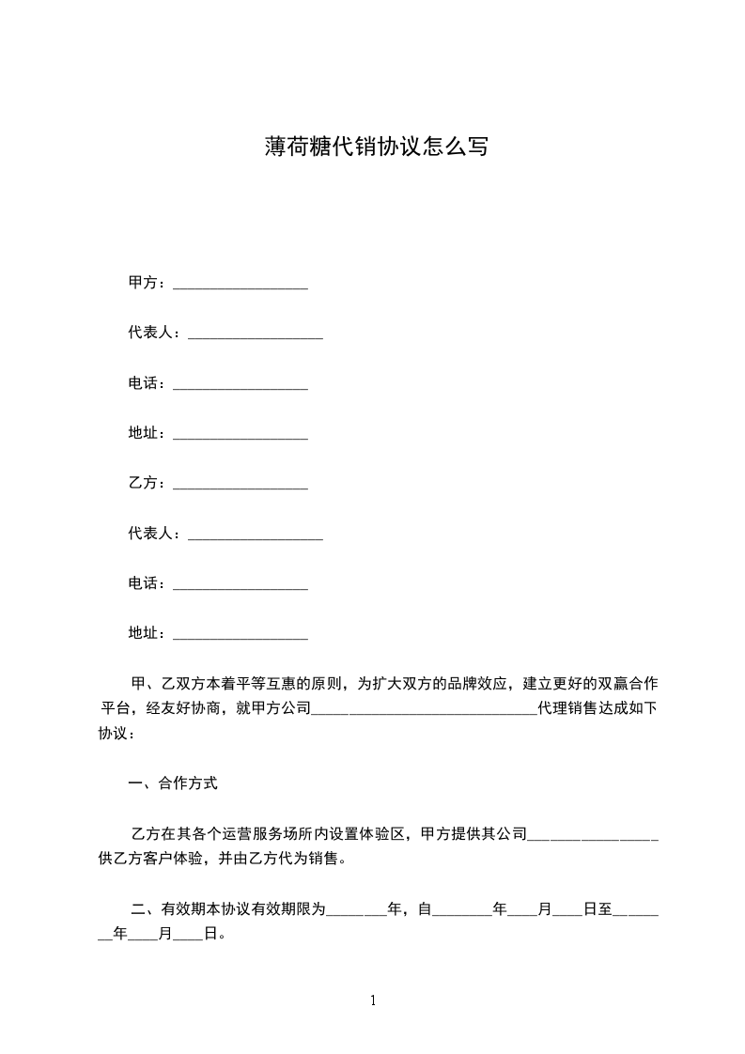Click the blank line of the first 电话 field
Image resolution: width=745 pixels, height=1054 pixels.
point(241,385)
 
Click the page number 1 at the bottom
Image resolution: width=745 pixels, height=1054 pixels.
point(373,1000)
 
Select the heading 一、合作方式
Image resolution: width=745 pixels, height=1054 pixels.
point(173,783)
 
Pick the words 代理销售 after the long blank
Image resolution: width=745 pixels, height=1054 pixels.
point(567,708)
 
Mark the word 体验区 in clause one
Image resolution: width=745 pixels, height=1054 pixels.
point(384,833)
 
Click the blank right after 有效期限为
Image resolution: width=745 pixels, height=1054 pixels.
point(356,911)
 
